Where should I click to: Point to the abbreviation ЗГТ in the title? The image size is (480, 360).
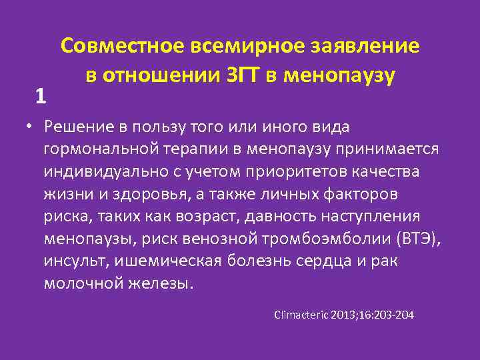(x=235, y=75)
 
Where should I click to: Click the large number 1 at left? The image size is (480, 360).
(x=41, y=97)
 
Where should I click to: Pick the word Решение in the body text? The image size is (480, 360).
(x=75, y=127)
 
